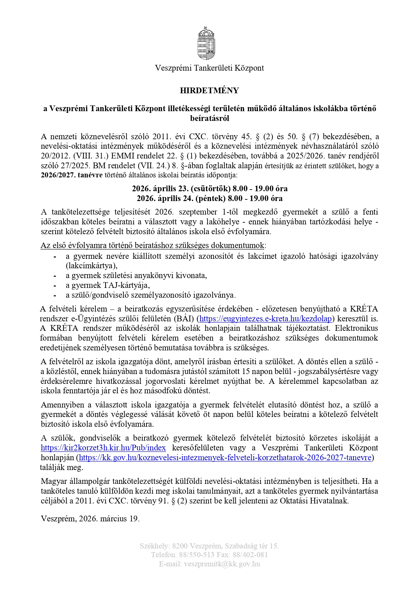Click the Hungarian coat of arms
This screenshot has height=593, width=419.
(206, 44)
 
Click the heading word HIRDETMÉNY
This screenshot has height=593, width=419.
(209, 91)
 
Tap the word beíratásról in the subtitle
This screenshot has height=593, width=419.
(209, 118)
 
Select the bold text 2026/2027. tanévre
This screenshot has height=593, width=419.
(72, 175)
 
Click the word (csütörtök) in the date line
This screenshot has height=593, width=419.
(210, 188)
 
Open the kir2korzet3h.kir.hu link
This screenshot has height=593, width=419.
(103, 448)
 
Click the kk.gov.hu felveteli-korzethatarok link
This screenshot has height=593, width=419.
(225, 458)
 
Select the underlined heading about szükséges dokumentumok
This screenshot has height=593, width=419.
(153, 245)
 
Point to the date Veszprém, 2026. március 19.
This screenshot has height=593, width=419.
(90, 519)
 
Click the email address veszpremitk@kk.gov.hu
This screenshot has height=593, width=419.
(222, 564)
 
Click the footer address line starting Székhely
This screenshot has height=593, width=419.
(209, 546)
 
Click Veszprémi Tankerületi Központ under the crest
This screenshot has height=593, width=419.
(209, 68)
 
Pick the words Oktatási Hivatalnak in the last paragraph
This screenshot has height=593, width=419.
(314, 501)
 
